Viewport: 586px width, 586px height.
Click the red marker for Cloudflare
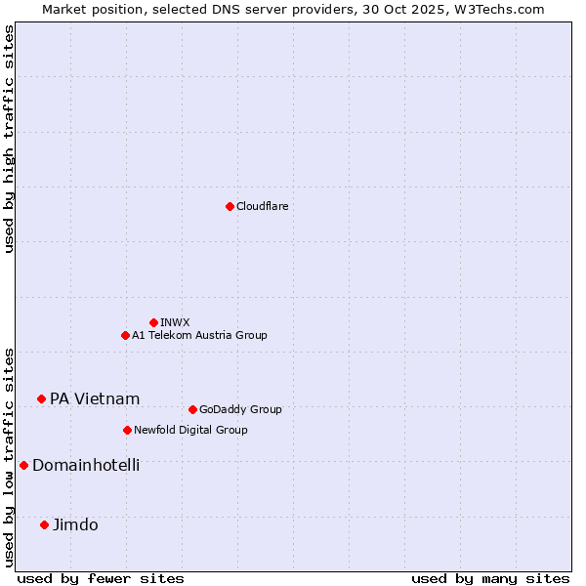(x=230, y=206)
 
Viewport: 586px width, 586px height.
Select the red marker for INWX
(x=153, y=322)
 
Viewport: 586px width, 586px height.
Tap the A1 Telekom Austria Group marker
(x=125, y=335)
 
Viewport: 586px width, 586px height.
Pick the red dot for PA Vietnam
(x=41, y=398)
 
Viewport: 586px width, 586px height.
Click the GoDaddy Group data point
(x=192, y=409)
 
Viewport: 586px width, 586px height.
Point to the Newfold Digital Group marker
(x=127, y=430)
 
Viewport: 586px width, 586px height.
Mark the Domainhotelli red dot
(x=23, y=465)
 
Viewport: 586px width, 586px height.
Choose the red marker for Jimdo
(x=44, y=524)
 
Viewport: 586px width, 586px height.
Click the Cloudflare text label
(x=262, y=206)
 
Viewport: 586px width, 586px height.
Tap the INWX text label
(x=175, y=322)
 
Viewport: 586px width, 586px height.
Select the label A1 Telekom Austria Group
(x=199, y=335)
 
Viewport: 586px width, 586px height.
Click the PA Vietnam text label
(x=95, y=398)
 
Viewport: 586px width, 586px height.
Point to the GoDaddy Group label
(x=240, y=409)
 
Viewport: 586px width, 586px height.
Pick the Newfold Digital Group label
(x=190, y=430)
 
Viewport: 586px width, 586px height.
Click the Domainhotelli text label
(x=86, y=465)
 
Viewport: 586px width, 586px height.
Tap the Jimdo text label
(x=75, y=524)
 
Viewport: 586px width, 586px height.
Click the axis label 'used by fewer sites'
(x=101, y=578)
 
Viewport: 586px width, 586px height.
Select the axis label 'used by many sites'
(x=490, y=578)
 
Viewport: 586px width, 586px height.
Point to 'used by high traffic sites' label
(x=9, y=139)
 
